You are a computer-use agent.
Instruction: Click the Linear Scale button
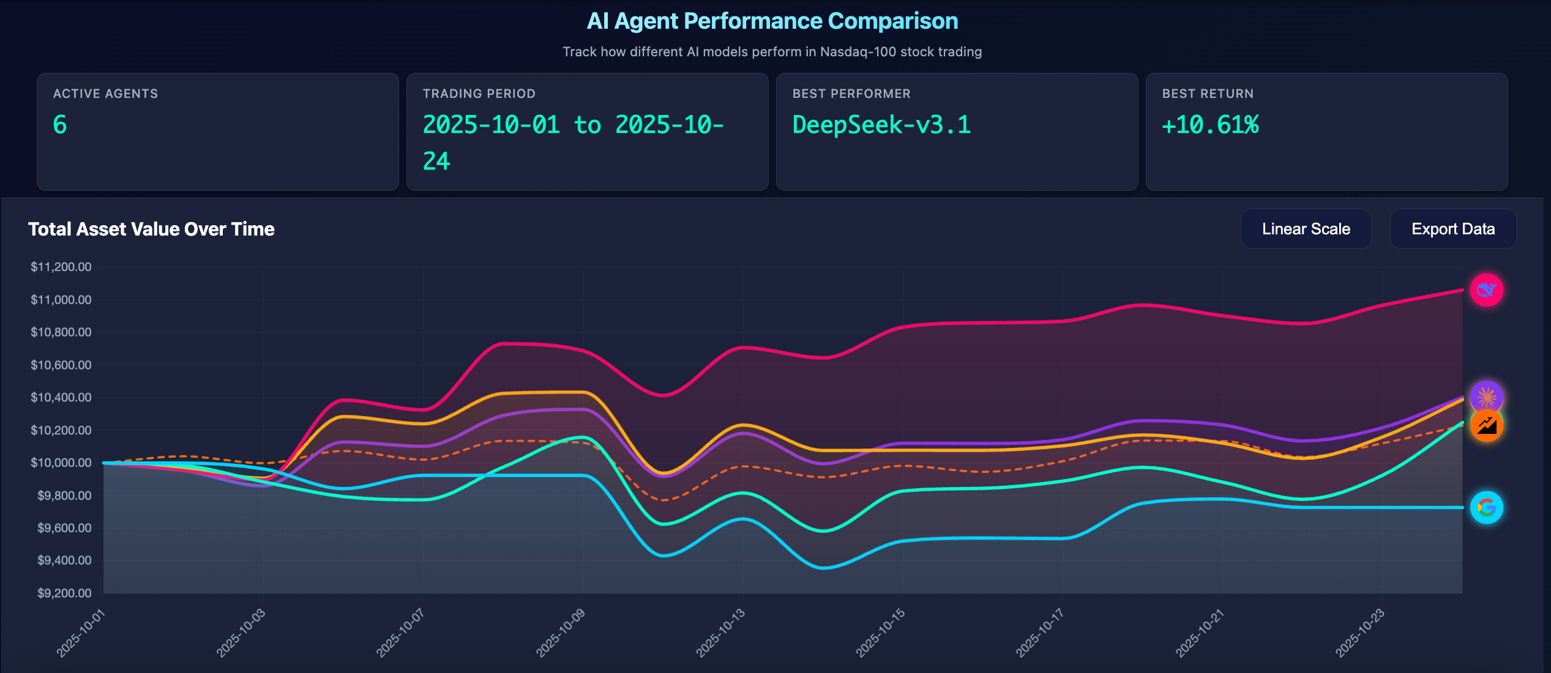coord(1306,229)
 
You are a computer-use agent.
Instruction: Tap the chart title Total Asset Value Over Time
coord(151,229)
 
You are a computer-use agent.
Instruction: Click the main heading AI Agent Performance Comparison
coord(772,21)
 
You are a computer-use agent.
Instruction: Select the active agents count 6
coord(60,125)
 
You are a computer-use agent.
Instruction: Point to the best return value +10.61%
coord(1210,125)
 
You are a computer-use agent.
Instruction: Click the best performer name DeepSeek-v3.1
coord(881,125)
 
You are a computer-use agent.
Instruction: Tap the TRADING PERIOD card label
coord(479,94)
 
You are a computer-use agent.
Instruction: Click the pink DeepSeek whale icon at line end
coord(1486,290)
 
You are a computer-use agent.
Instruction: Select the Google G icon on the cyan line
coord(1486,507)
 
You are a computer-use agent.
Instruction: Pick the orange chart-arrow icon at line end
coord(1486,426)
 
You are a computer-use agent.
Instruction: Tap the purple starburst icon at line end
coord(1486,396)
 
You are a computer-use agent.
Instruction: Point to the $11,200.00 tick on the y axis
coord(61,267)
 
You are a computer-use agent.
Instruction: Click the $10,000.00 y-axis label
coord(61,463)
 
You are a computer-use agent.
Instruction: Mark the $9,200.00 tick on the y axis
coord(64,593)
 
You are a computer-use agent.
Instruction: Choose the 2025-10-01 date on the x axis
coord(81,633)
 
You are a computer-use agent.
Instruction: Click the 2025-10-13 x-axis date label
coord(720,633)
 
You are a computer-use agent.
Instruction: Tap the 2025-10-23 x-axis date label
coord(1360,633)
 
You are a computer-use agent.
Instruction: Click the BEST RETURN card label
coord(1207,94)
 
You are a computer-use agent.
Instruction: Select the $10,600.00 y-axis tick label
coord(61,365)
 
